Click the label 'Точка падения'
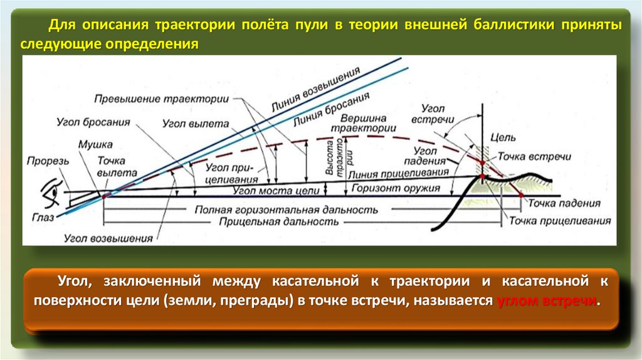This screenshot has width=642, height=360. [x=564, y=204]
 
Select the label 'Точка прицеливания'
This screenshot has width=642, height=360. [x=559, y=221]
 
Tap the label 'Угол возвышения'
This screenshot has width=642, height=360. [x=108, y=238]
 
